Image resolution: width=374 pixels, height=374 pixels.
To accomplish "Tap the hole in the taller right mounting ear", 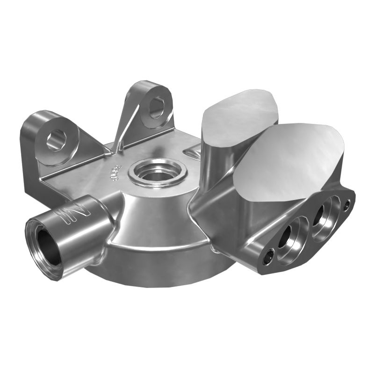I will (156, 107).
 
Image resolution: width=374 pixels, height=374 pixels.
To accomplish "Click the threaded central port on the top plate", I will (157, 172).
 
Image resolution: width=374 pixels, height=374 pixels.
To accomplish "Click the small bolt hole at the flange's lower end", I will (267, 257).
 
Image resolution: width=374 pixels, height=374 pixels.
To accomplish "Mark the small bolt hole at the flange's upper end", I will (346, 203).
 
